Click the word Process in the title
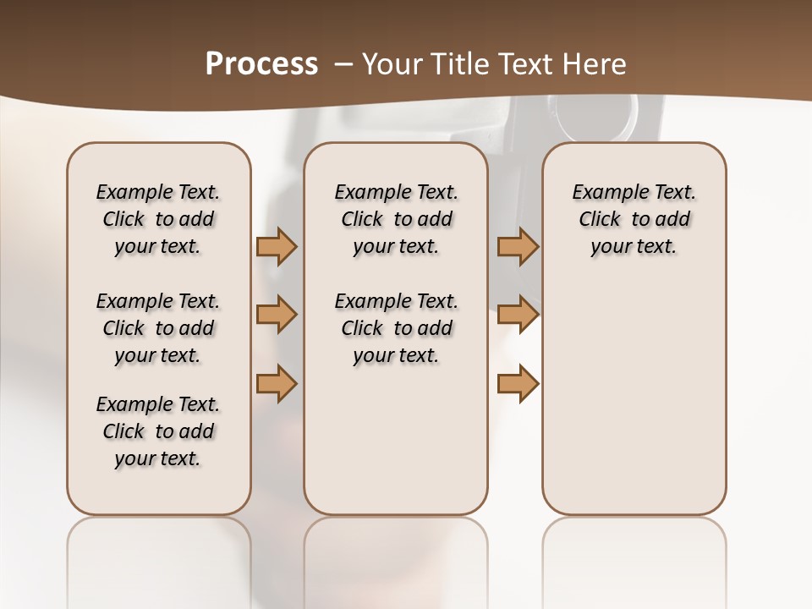pos(261,64)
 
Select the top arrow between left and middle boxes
pos(277,247)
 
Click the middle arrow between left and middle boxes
pos(277,315)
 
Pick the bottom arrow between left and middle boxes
pos(277,384)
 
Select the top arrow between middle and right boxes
pos(518,247)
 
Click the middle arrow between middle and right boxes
pos(518,315)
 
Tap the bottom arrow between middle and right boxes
pos(518,384)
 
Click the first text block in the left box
pos(158,219)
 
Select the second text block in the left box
pos(158,328)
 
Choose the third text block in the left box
pos(158,431)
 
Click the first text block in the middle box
pos(396,219)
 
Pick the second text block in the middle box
pos(396,328)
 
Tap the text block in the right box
pos(634,219)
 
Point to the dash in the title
pos(344,64)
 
